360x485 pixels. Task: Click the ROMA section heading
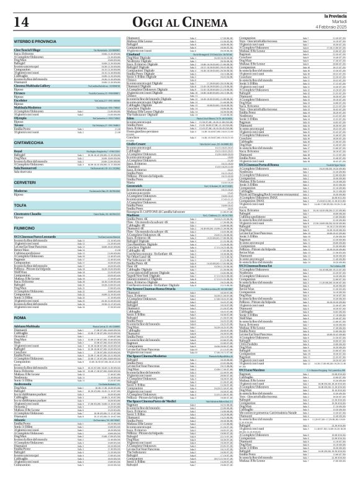tap(20, 317)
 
